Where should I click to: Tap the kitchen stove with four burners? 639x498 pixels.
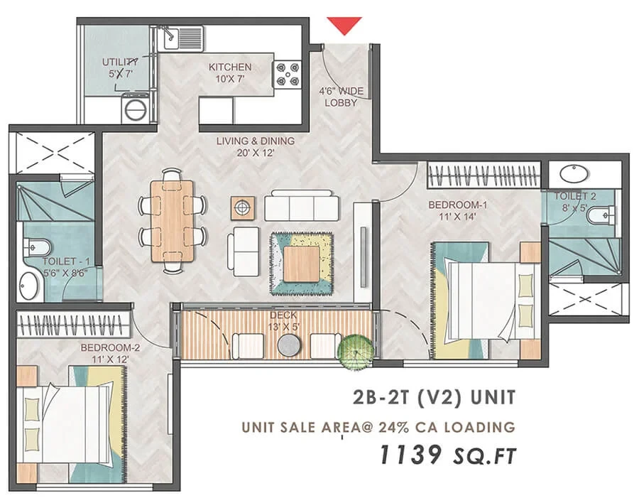coord(287,74)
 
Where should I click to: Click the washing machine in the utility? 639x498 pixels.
coord(135,108)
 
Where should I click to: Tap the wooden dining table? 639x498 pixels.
coord(173,220)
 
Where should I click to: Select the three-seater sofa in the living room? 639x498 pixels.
coord(302,205)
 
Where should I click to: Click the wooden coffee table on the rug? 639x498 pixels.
coord(301,264)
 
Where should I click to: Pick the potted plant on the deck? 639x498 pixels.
coord(356,352)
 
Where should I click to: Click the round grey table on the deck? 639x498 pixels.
coord(290,345)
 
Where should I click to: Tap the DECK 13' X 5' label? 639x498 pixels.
coord(283,321)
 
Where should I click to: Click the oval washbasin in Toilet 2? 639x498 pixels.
coord(574,173)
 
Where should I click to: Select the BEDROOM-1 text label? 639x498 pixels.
coord(458,205)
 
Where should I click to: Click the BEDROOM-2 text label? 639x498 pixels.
coord(110,347)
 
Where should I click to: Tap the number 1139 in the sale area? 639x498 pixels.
coord(411,455)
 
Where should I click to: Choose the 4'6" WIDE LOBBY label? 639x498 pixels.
coord(341,97)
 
